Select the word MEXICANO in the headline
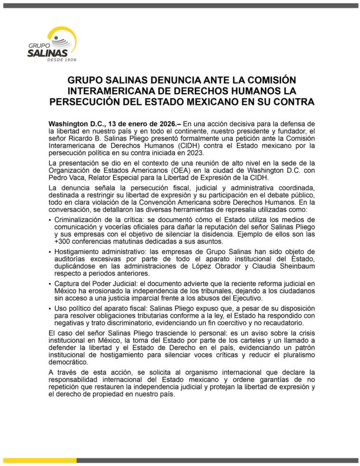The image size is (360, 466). pos(210,101)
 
